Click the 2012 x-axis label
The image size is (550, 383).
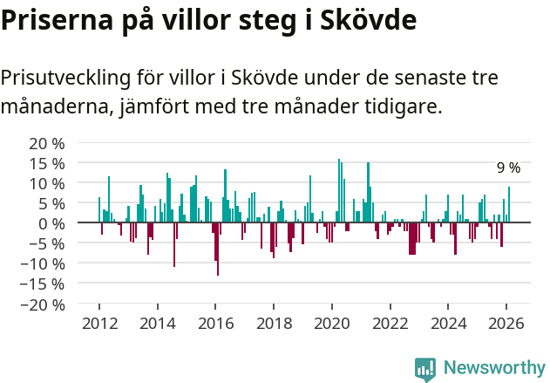[x=98, y=323]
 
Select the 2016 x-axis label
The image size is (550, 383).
[x=215, y=323]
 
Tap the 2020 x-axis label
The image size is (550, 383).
[x=331, y=323]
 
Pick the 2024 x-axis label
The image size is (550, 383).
[x=448, y=323]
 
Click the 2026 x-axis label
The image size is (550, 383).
[x=506, y=323]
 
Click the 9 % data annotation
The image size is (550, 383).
[x=508, y=168]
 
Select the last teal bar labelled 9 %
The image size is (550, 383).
[x=509, y=205]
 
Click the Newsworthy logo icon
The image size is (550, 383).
[x=425, y=369]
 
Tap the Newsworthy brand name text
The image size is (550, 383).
[x=493, y=368]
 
